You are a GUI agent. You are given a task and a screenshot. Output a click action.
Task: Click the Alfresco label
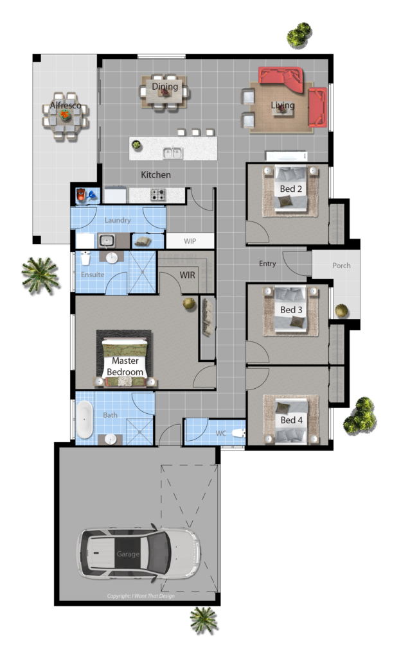coord(66,105)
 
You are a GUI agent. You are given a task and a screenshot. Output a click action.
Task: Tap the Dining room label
coord(165,87)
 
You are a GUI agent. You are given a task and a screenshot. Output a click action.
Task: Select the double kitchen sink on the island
coord(173,153)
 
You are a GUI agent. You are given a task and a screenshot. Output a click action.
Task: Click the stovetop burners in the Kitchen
coord(158,194)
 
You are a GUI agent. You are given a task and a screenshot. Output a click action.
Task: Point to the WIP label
coord(190,241)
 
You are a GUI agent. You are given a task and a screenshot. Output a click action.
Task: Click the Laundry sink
coord(107,241)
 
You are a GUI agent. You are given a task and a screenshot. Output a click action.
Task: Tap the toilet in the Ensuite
coord(85,258)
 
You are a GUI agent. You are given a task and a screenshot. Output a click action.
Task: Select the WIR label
coord(187,275)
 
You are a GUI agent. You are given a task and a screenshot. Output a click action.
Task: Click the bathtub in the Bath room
coord(84,420)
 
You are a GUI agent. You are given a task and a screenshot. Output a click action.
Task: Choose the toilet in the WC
coord(238,432)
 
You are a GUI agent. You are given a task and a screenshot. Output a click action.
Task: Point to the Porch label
coord(341,265)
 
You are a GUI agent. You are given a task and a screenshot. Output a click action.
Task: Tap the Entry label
coord(267,264)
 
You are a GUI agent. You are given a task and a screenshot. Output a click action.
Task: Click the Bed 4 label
coord(292,420)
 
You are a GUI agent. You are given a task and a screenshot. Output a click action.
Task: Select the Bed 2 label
coord(291,189)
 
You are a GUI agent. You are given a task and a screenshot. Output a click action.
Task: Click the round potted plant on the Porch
coord(341,311)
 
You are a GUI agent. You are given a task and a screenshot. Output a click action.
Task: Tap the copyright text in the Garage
coord(141,596)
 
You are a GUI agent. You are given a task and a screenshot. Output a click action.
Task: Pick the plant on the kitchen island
coord(136,145)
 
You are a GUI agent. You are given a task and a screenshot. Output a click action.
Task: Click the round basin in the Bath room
coord(111,439)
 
